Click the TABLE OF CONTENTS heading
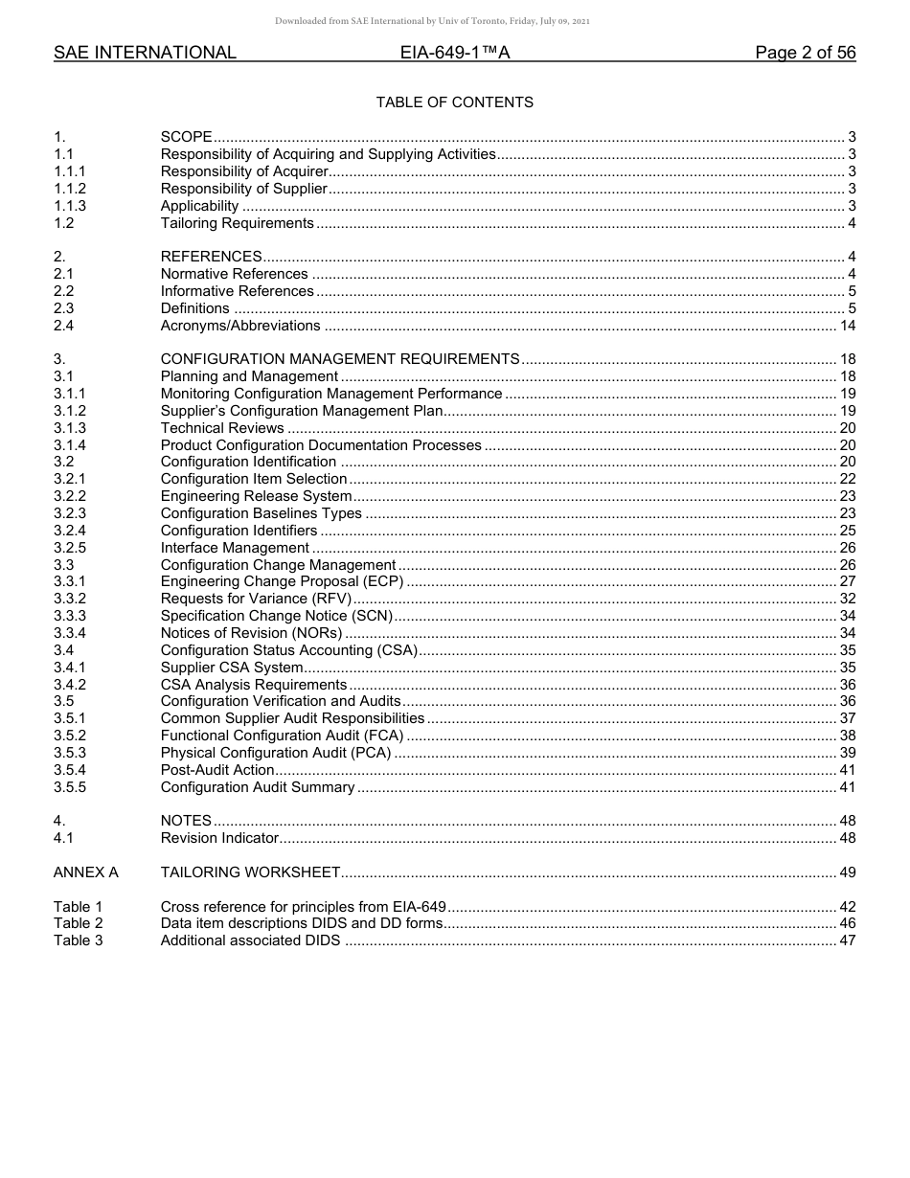coord(454,102)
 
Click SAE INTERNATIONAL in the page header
coord(145,54)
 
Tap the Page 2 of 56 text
coord(805,54)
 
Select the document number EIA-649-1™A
coord(454,54)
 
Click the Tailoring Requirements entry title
coord(237,223)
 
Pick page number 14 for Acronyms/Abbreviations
coord(847,326)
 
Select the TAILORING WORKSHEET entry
coord(250,872)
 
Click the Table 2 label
coord(78,923)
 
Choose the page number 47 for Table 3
coord(847,940)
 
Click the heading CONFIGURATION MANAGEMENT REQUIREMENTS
coord(340,359)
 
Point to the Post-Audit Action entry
coord(217,770)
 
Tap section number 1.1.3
coord(70,206)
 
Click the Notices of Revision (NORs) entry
coord(251,633)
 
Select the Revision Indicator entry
coord(219,838)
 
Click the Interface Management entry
coord(235,548)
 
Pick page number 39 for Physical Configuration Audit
coord(847,753)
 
